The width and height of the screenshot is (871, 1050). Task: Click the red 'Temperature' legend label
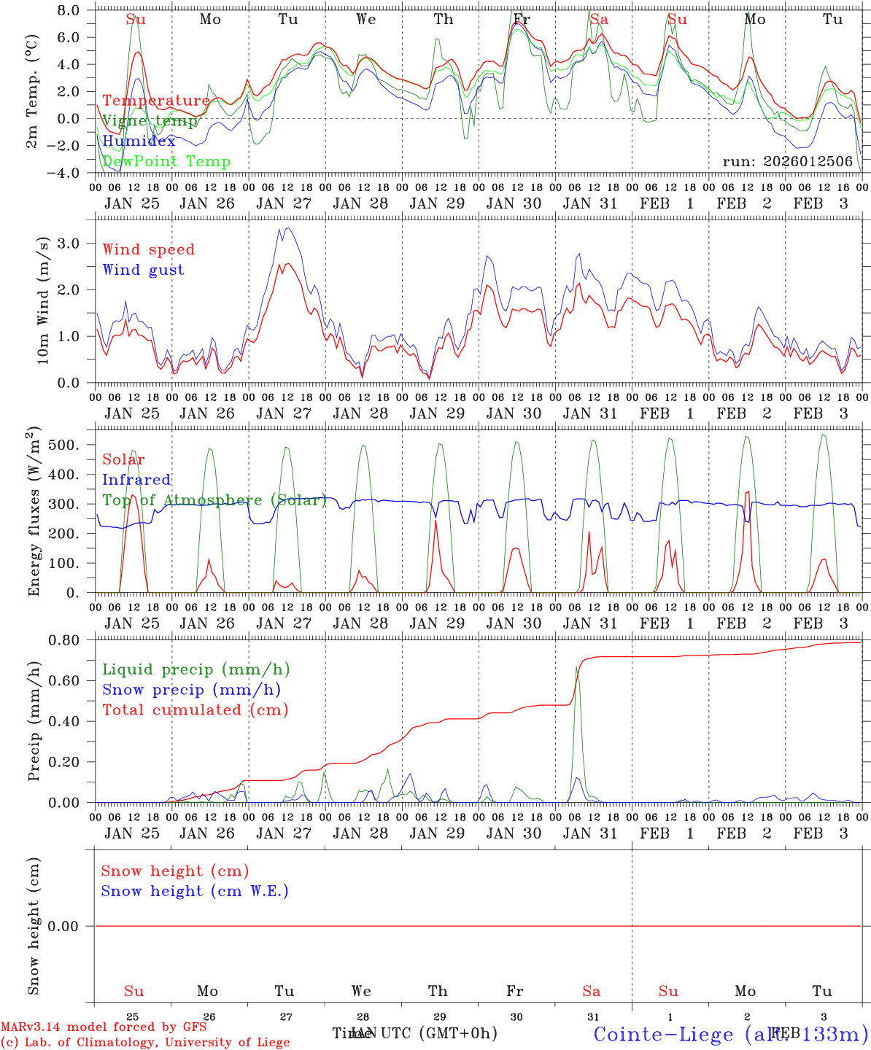155,101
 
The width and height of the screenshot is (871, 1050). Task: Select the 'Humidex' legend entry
139,141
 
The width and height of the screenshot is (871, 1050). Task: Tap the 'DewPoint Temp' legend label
166,162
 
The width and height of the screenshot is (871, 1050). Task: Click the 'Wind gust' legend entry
143,270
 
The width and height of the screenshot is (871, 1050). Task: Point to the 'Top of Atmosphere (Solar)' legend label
214,500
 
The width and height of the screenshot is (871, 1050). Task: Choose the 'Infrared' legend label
136,480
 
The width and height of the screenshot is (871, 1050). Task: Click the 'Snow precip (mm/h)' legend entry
191,690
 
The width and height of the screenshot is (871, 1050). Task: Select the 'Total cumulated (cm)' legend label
195,710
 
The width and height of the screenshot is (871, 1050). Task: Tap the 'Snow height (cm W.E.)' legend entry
195,891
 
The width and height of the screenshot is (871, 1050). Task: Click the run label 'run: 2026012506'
787,162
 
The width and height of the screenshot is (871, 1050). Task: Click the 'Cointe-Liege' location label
663,1034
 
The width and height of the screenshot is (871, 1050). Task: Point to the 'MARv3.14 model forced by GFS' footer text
103,1027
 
